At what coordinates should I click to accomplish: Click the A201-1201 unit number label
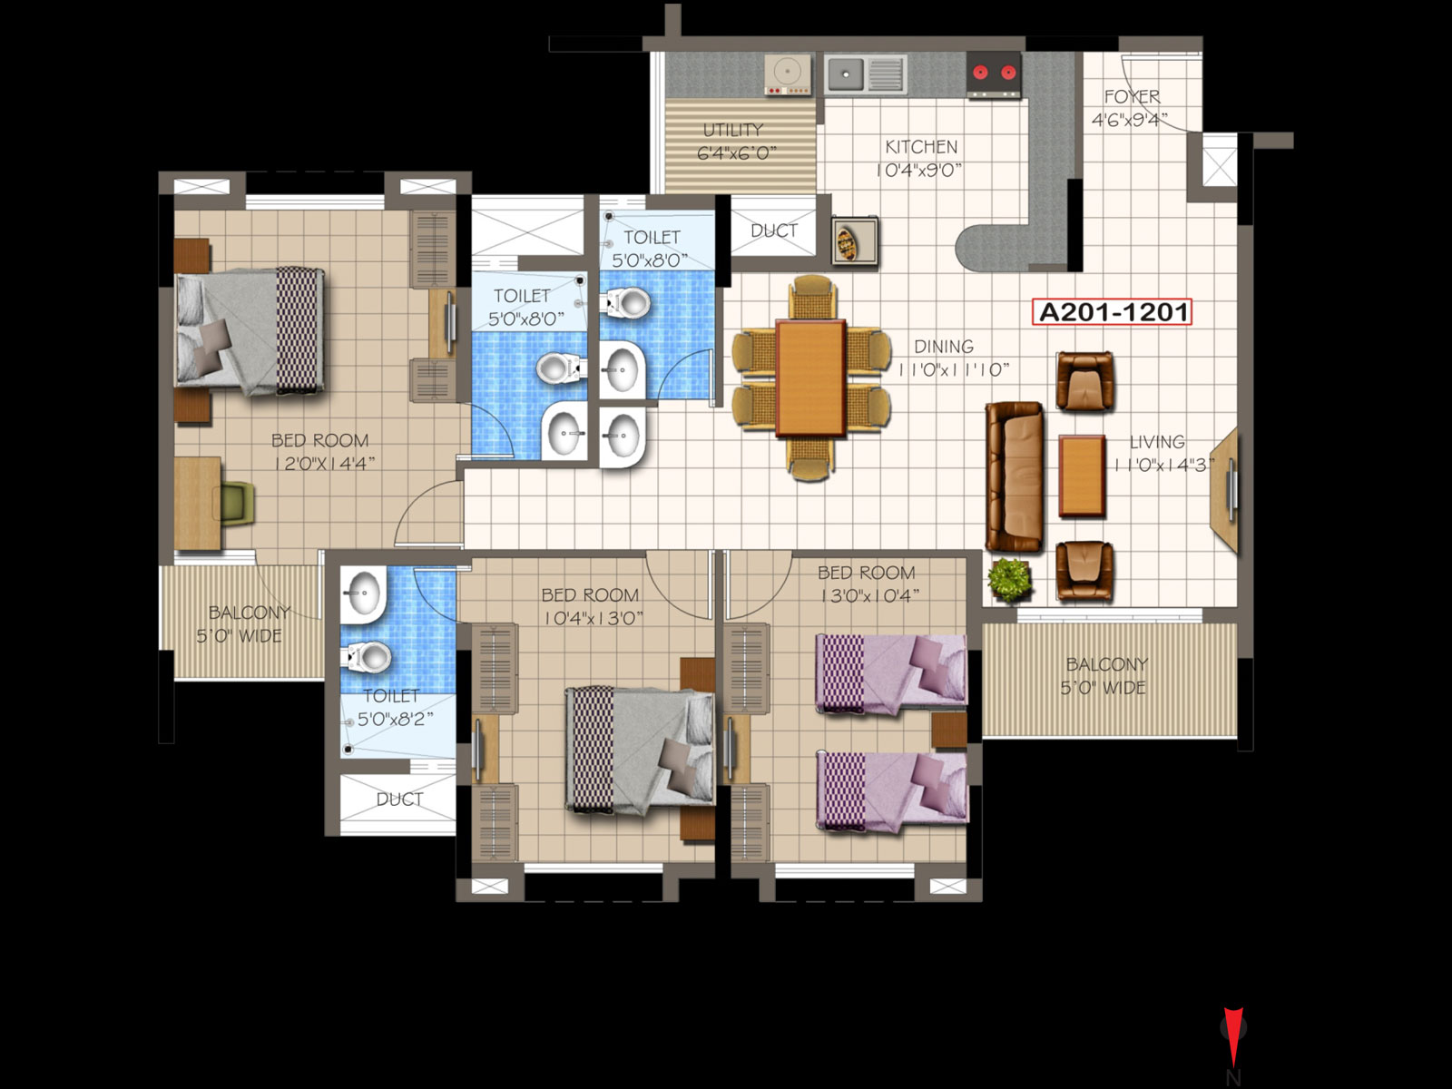pyautogui.click(x=1112, y=312)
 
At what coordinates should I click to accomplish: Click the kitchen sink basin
pyautogui.click(x=846, y=74)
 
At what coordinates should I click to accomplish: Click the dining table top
pyautogui.click(x=811, y=378)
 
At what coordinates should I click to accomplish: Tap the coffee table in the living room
pyautogui.click(x=1082, y=476)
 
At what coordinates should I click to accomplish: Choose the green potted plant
pyautogui.click(x=1009, y=579)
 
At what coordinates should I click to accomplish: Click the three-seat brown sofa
pyautogui.click(x=1014, y=476)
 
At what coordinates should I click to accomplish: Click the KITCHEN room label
pyautogui.click(x=921, y=147)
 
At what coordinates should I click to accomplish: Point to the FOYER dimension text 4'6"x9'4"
pyautogui.click(x=1129, y=121)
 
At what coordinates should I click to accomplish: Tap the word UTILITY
pyautogui.click(x=733, y=130)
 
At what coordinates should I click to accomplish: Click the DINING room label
pyautogui.click(x=944, y=347)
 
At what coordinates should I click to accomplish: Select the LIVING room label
pyautogui.click(x=1157, y=442)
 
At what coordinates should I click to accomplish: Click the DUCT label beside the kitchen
pyautogui.click(x=774, y=231)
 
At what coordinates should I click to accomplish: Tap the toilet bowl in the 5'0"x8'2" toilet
pyautogui.click(x=368, y=657)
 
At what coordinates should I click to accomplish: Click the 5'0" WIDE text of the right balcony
pyautogui.click(x=1103, y=688)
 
